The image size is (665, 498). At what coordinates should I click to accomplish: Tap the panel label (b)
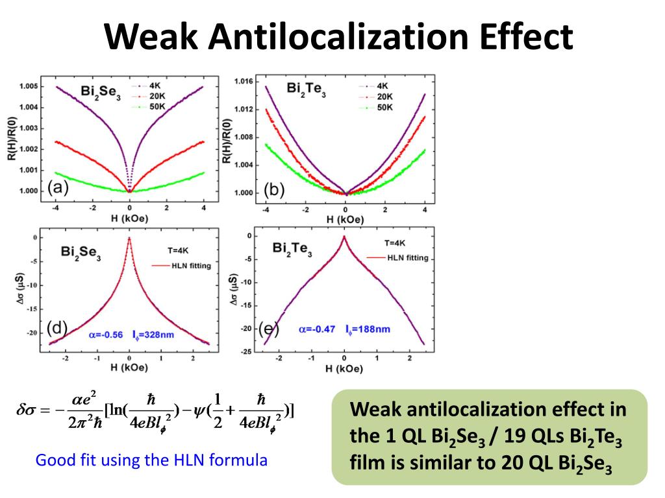click(275, 189)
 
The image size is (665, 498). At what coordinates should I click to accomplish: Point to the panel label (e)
click(268, 329)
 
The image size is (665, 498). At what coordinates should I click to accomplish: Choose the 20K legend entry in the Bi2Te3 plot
click(384, 96)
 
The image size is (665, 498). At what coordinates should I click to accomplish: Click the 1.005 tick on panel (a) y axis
click(28, 86)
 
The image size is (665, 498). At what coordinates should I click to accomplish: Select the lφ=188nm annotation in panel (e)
click(368, 329)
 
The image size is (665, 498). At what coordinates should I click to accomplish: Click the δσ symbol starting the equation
click(29, 410)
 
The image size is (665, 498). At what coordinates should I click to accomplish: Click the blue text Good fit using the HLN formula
click(151, 461)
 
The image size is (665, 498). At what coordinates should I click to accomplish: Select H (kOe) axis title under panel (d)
click(129, 368)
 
